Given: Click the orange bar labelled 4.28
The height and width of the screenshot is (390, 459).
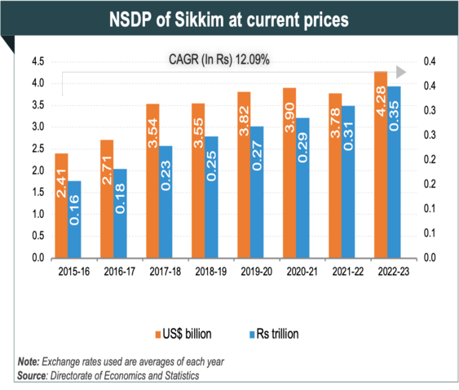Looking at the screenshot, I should coord(380,164).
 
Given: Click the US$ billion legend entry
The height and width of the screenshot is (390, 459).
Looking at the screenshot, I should coord(183,333).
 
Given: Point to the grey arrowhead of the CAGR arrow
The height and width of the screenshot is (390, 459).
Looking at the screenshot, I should coord(401,72).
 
